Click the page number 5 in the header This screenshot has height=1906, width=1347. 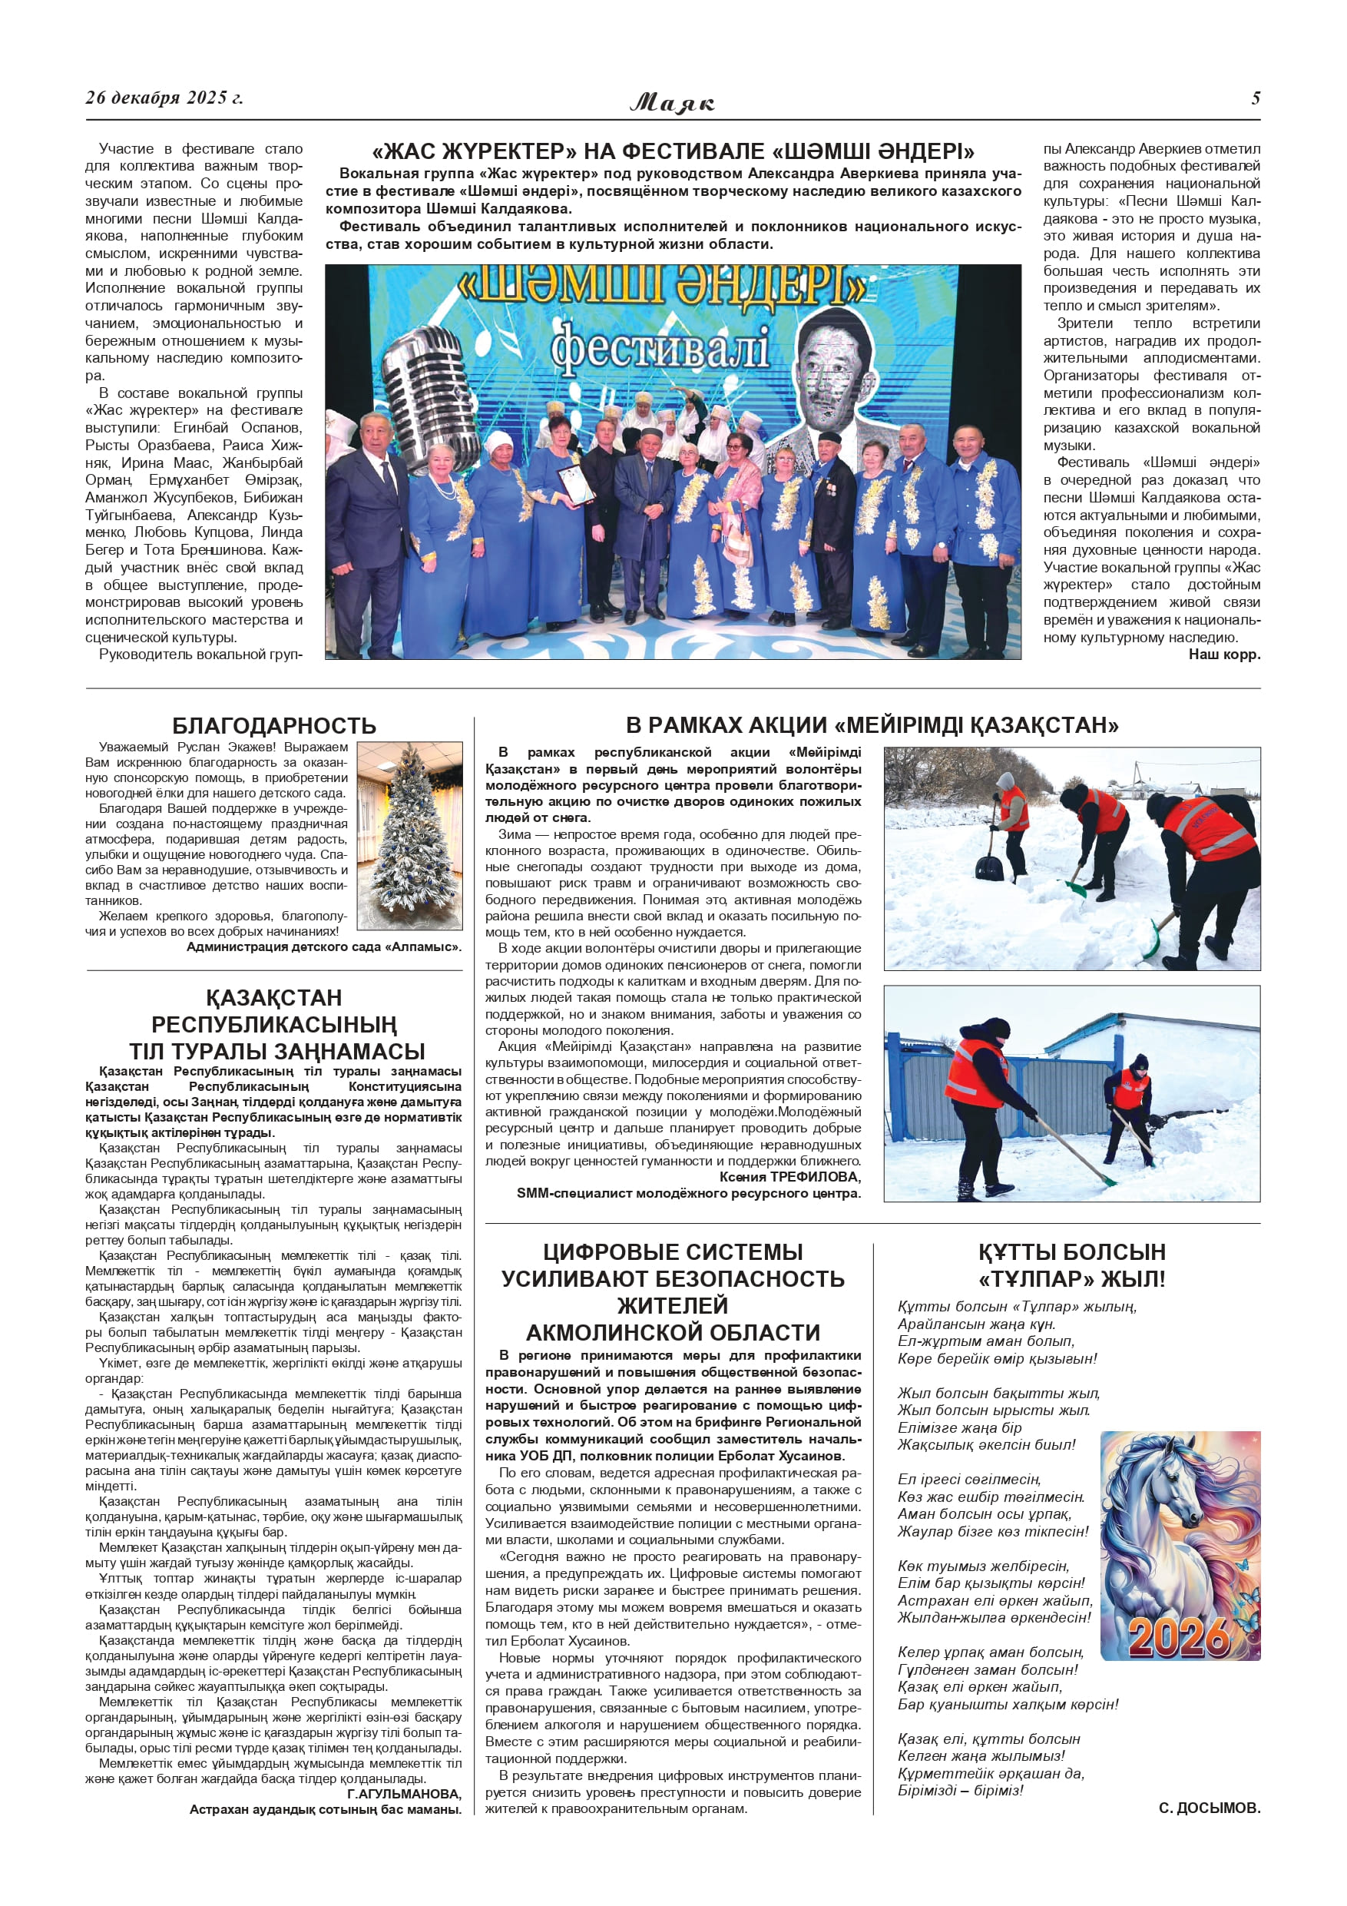click(x=1255, y=98)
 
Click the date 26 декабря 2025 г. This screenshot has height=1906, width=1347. click(x=164, y=98)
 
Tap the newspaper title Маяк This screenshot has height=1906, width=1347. click(x=672, y=102)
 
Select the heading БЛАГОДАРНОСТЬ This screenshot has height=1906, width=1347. click(x=274, y=725)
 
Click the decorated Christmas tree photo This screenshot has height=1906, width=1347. click(x=410, y=835)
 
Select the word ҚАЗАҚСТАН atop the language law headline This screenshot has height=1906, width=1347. click(x=274, y=997)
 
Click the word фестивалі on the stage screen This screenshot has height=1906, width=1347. click(x=660, y=348)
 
